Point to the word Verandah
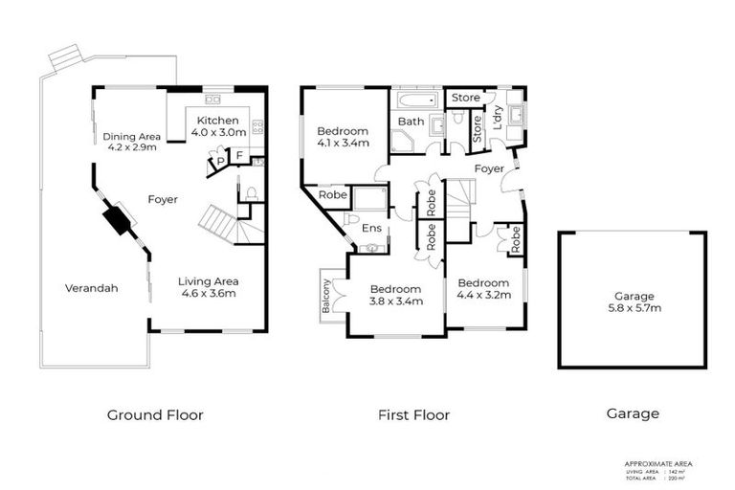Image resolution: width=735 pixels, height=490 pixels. tap(92, 288)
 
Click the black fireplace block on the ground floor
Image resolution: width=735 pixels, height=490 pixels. tap(118, 219)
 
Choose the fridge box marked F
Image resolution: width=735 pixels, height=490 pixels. tap(239, 155)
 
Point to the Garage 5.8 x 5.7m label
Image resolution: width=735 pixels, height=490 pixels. tap(633, 301)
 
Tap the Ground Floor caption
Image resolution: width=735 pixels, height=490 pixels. tap(155, 414)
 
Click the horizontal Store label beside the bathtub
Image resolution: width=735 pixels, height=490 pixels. tap(465, 98)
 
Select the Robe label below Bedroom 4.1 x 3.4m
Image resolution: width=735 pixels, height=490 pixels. tap(332, 194)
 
